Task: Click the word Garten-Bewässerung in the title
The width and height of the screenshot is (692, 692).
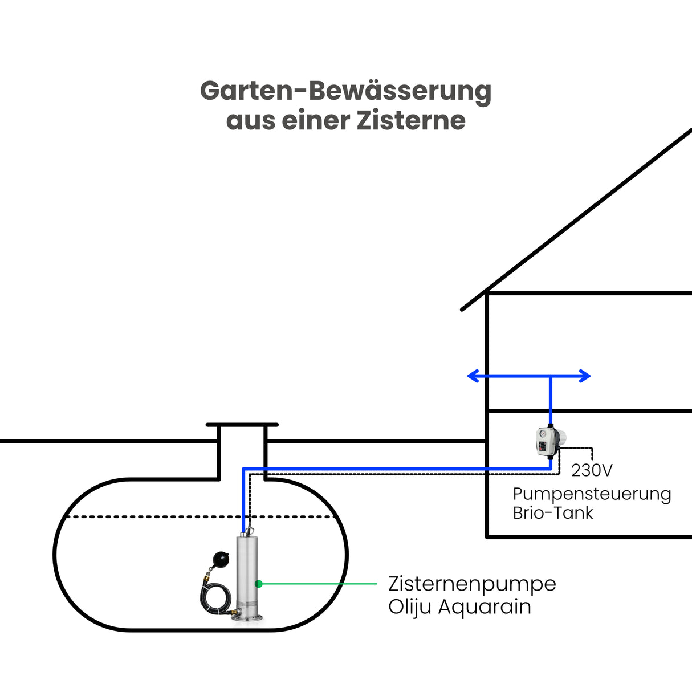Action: (x=345, y=91)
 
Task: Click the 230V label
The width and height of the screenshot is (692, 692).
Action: (x=592, y=470)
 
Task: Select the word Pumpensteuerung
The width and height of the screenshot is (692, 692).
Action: (x=592, y=494)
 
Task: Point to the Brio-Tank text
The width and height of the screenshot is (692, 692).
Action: (x=552, y=512)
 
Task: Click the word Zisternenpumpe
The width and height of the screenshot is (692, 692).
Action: (x=471, y=584)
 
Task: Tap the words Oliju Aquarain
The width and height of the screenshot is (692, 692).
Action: (x=459, y=606)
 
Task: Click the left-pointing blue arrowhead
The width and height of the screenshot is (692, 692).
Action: (x=473, y=376)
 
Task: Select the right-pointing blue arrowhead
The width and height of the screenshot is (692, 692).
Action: (x=585, y=376)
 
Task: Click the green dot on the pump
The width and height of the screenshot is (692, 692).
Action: (x=259, y=584)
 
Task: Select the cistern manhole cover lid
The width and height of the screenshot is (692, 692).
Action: (x=242, y=425)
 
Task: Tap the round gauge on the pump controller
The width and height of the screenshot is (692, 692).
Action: (x=541, y=433)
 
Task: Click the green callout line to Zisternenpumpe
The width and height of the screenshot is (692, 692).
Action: (x=319, y=584)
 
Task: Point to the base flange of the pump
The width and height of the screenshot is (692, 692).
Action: (x=249, y=618)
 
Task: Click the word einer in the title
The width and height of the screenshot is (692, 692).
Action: (x=316, y=120)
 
